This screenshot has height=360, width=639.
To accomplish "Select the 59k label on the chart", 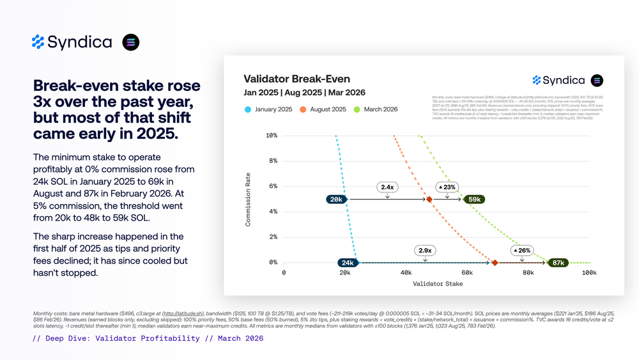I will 475,200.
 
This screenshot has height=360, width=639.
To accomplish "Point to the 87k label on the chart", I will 558,263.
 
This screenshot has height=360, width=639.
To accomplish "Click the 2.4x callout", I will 387,187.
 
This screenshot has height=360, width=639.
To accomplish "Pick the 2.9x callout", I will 425,251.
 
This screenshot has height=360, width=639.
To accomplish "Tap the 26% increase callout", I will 522,251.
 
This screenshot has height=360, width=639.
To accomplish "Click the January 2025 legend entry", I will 268,109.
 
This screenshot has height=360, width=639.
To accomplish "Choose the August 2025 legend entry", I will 328,109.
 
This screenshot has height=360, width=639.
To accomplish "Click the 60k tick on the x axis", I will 466,273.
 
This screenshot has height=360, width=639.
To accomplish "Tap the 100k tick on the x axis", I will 589,273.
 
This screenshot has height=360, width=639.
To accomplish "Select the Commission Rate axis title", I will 249,199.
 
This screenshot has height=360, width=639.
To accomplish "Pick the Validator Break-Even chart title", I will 297,79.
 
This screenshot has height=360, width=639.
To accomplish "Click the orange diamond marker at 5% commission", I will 429,200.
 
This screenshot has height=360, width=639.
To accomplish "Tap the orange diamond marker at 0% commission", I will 495,263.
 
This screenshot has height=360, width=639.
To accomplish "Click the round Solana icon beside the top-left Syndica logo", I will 131,42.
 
